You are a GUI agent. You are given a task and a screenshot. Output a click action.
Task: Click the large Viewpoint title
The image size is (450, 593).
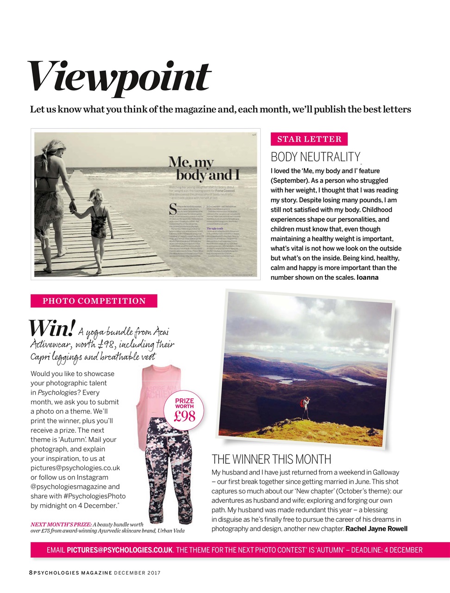[x=119, y=78]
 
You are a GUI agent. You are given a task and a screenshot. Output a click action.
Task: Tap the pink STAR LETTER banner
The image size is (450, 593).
[x=309, y=139]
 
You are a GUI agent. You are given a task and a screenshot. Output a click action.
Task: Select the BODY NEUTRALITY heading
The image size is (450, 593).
[x=315, y=157]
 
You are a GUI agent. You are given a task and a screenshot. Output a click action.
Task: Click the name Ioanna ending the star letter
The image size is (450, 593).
[x=367, y=278]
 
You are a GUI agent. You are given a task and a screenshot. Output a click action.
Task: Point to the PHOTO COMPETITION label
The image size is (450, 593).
[x=94, y=301]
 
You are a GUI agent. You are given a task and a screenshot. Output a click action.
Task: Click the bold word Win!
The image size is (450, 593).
[x=51, y=328]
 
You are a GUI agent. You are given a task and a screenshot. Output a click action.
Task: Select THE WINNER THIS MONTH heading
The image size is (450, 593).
[x=271, y=460]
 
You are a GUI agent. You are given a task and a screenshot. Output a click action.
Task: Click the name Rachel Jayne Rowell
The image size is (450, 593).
[x=376, y=529]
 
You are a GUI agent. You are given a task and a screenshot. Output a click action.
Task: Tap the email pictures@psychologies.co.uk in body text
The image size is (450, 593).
[x=75, y=468]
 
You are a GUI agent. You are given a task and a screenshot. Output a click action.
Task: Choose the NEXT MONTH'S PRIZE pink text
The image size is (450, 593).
[x=61, y=524]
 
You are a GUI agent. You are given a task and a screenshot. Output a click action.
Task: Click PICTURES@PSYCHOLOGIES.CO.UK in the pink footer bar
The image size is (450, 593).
[x=119, y=550]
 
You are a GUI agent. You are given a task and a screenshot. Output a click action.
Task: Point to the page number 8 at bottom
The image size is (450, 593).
[x=31, y=573]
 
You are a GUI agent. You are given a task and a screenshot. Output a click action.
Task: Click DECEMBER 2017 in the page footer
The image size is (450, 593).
[x=137, y=573]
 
